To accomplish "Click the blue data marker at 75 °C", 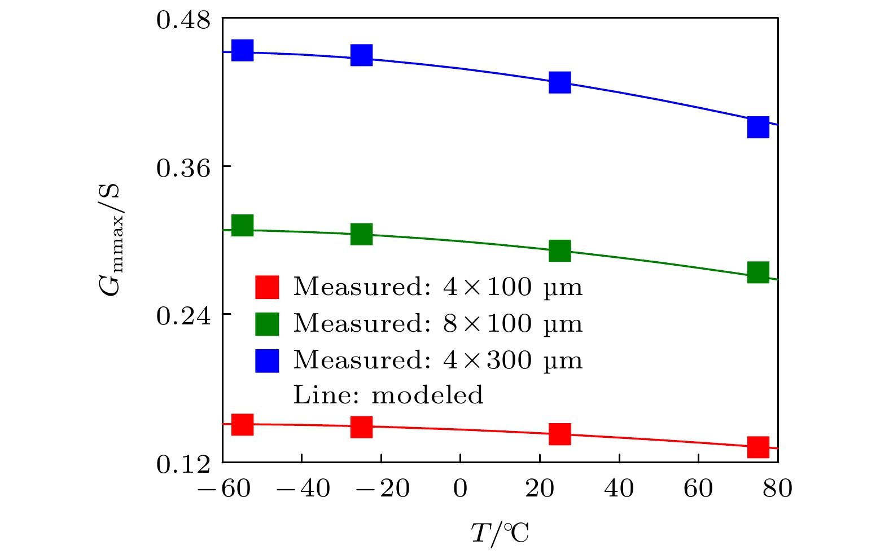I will tap(758, 127).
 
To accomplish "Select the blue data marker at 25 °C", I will tap(559, 82).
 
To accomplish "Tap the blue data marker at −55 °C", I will tap(242, 50).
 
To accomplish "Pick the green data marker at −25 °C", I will tap(361, 234).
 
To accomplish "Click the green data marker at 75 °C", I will tap(758, 272).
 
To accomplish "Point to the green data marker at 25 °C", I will tap(559, 250).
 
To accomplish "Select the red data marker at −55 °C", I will tap(242, 424).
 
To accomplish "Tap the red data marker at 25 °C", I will tap(559, 434).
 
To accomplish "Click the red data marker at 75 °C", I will tap(758, 447).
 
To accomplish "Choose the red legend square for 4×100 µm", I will tap(267, 287).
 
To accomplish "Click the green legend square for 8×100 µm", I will tap(267, 324).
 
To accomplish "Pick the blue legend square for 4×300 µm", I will tap(267, 360).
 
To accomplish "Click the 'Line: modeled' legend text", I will tap(388, 395).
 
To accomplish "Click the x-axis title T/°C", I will tap(500, 533).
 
